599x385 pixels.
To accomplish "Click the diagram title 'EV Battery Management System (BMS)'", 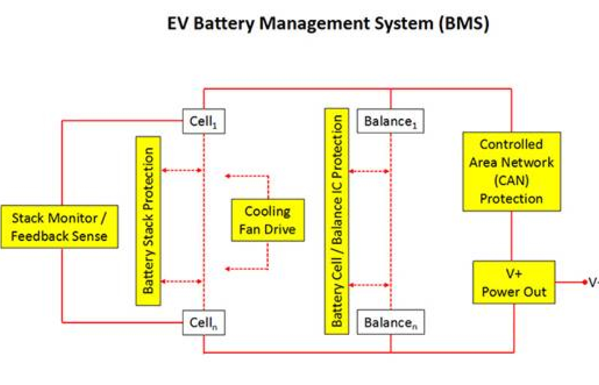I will click(328, 24).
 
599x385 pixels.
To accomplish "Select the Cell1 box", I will click(204, 121).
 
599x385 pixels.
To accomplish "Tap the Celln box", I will click(204, 322).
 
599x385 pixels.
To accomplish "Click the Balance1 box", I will click(390, 121).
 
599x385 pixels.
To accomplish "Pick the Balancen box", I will click(390, 322).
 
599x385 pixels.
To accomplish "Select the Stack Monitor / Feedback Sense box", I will click(59, 227).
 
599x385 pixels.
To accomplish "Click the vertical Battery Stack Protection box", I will click(148, 221).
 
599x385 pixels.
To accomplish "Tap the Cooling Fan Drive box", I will click(268, 220).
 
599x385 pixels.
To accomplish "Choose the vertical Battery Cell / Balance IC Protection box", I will click(337, 221).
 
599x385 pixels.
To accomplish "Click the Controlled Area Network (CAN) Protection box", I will click(512, 171).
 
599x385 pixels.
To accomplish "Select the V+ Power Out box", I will click(514, 282).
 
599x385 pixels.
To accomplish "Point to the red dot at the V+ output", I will click(585, 282).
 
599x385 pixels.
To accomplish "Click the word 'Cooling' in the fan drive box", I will click(268, 211).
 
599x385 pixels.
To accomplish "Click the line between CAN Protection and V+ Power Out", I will click(512, 236).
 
